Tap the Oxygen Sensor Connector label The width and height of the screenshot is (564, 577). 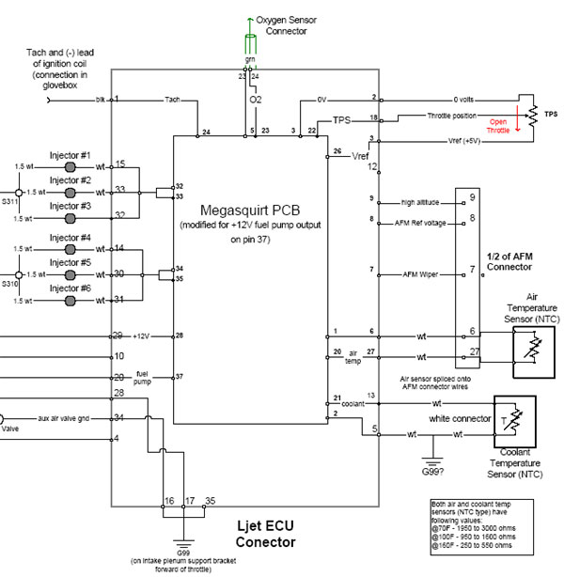281,23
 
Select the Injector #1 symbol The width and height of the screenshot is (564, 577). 70,165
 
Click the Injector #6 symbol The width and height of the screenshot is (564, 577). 70,301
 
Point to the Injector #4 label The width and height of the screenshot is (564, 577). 70,238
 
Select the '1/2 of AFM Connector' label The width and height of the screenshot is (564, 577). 511,261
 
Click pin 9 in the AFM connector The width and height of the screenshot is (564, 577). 472,196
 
